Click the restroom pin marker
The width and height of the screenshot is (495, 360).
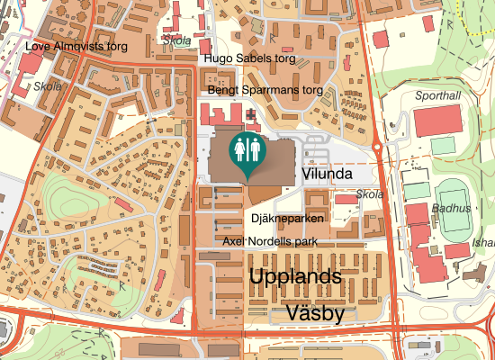coord(247,150)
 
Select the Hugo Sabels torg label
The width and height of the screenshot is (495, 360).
coord(249,59)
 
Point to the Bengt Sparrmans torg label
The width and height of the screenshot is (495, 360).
coord(265,91)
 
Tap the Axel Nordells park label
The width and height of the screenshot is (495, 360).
coord(270,242)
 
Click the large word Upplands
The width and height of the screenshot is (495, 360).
coord(296,275)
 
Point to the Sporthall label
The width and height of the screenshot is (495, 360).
coord(437,94)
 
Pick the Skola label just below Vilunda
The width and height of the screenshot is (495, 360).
coord(369,194)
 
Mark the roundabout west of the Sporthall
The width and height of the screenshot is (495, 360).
coord(379,147)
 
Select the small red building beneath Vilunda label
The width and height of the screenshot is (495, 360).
coord(346,198)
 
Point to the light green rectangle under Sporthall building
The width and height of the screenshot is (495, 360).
coord(442,145)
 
